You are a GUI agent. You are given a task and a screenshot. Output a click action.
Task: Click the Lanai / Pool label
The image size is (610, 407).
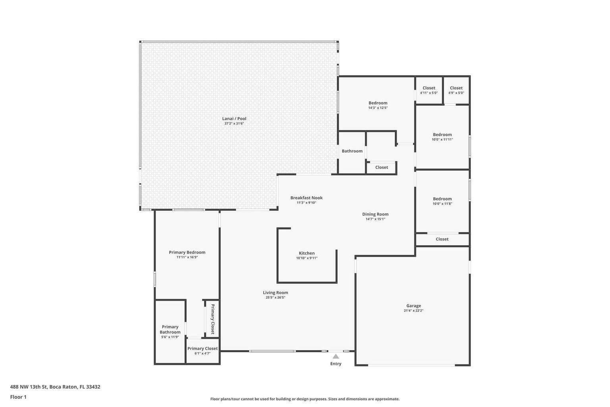[x=234, y=118]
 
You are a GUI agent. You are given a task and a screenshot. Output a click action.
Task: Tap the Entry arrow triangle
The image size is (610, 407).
[x=336, y=356]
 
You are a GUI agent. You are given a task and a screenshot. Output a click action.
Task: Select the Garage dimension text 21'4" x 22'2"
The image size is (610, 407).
[x=413, y=311]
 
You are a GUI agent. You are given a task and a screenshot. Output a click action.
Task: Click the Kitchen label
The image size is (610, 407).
[x=307, y=253]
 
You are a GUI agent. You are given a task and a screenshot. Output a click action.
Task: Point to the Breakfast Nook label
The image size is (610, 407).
[x=306, y=198]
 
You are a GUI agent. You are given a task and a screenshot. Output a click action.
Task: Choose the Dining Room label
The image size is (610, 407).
[x=375, y=214]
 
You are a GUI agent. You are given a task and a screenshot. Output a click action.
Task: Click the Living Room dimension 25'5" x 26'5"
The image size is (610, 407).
[x=275, y=298]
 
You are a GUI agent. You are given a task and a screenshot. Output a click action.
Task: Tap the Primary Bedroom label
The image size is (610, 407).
[x=187, y=252]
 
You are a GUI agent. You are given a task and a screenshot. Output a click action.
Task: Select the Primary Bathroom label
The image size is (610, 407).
[x=170, y=329]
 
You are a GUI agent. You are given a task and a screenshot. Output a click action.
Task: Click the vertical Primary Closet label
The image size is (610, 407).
[x=212, y=319]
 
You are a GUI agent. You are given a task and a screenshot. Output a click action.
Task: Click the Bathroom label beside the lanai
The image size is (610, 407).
[x=352, y=151]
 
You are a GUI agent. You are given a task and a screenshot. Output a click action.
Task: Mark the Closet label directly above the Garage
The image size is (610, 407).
[x=442, y=239]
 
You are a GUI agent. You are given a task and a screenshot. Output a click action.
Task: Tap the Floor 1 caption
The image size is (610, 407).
[x=18, y=397]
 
